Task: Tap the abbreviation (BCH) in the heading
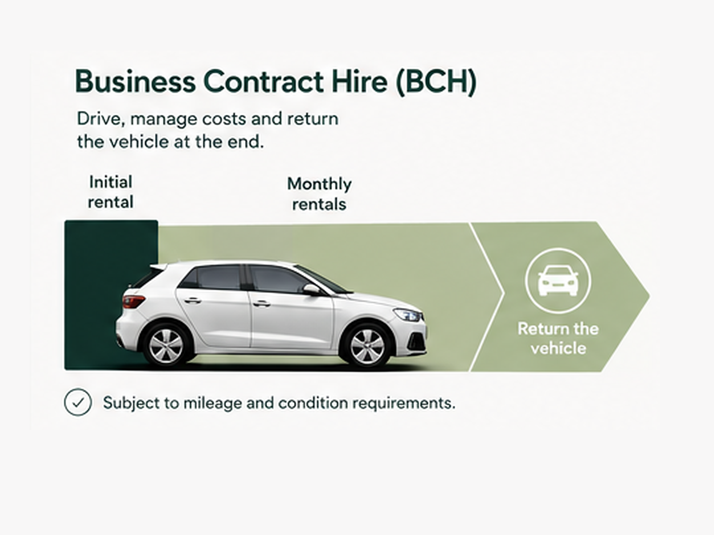[x=436, y=82]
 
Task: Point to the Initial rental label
[x=110, y=192]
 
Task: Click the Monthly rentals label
[x=319, y=194]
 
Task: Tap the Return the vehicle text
[x=558, y=339]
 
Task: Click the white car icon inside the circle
[x=558, y=281]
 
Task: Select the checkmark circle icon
[x=78, y=402]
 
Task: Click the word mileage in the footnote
[x=213, y=403]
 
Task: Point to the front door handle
[x=262, y=303]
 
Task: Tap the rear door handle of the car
[x=192, y=300]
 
